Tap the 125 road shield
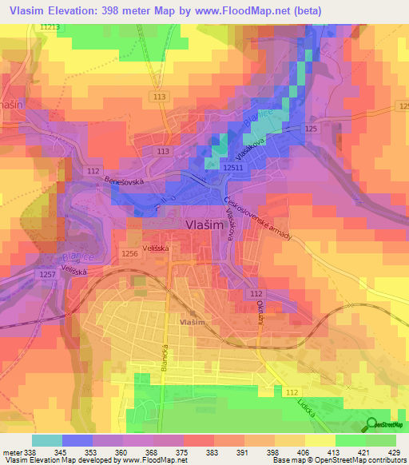click(312, 128)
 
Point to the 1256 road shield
click(129, 253)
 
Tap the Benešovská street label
click(124, 181)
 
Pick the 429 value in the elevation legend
click(393, 451)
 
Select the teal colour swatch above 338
click(47, 440)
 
